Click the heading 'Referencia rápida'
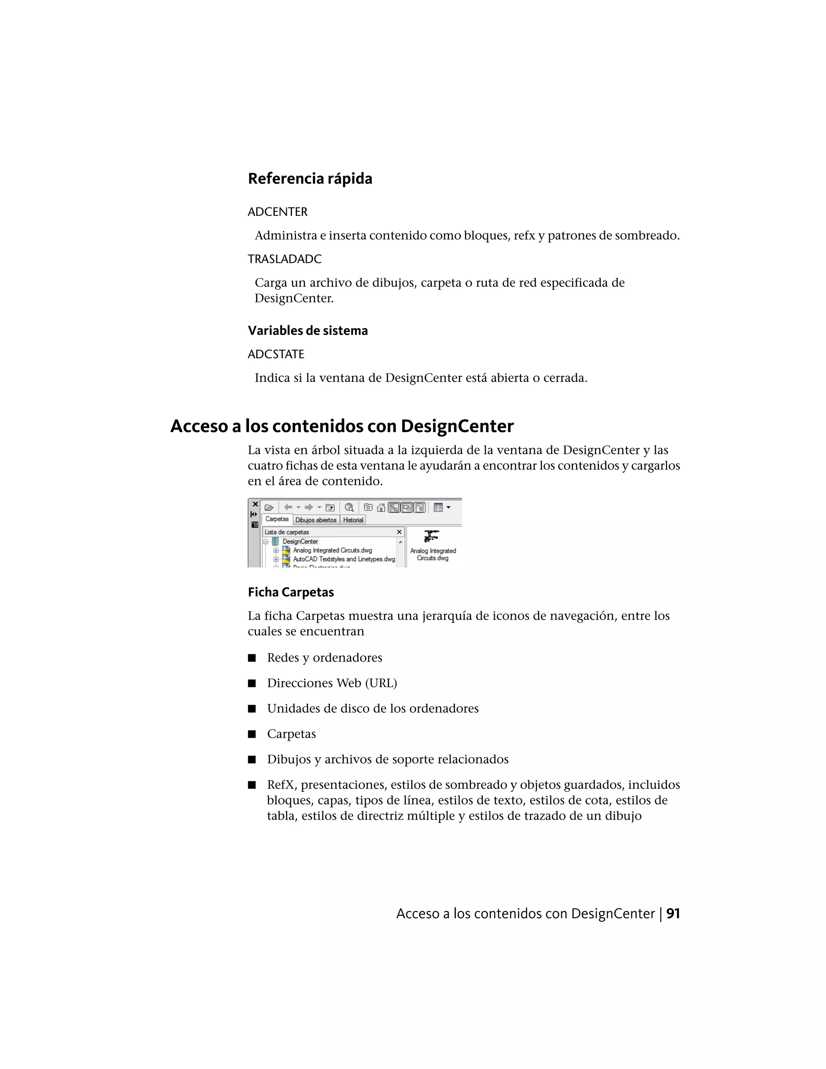[310, 179]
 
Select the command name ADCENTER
[277, 212]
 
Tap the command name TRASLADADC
[284, 259]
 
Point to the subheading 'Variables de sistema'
[307, 330]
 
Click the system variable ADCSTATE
[276, 354]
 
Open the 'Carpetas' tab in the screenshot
[277, 519]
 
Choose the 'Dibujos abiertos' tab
[316, 520]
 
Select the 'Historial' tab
[353, 520]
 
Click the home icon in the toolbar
[381, 507]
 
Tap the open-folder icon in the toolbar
[269, 507]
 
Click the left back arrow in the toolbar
[288, 507]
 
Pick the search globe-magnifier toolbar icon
[349, 507]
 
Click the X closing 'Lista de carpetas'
[399, 532]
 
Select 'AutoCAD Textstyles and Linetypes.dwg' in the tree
[344, 559]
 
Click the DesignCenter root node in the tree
[300, 541]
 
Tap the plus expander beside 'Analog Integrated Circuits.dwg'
[276, 550]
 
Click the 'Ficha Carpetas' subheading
[291, 592]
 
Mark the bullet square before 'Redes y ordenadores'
[252, 658]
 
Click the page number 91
[673, 914]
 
